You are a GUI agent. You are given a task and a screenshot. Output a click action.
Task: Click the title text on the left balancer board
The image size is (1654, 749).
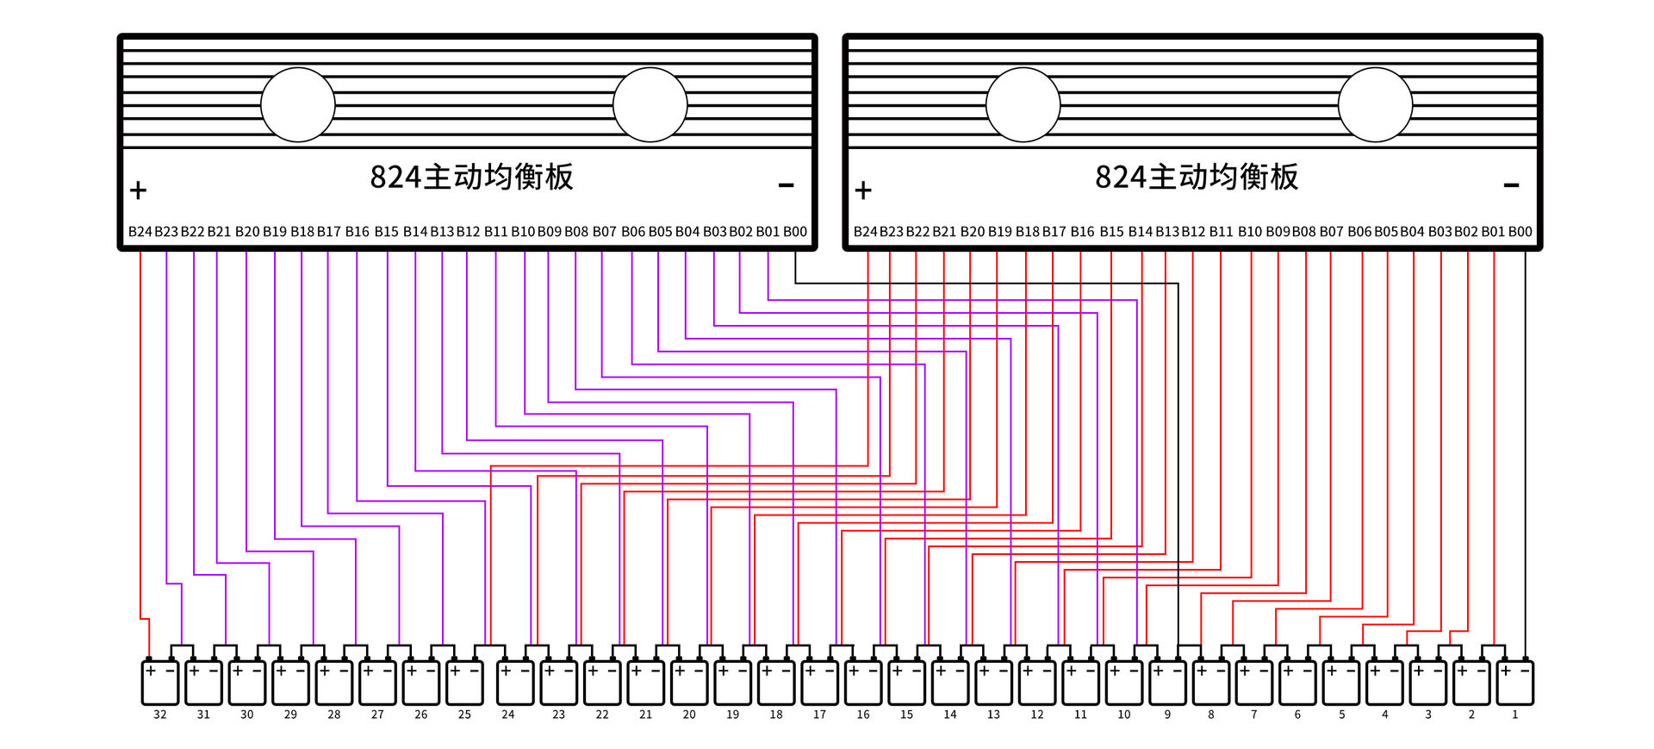(x=471, y=177)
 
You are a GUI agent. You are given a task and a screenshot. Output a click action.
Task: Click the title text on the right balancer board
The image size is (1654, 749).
(x=1197, y=177)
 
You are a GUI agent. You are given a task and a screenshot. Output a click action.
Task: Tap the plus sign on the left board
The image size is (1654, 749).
(x=138, y=190)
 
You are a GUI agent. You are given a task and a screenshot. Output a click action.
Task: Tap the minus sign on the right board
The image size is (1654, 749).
(x=1511, y=185)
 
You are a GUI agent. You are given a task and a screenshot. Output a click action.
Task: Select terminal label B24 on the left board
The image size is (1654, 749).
(x=140, y=232)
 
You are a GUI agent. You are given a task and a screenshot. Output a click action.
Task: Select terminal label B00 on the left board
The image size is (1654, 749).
(x=795, y=232)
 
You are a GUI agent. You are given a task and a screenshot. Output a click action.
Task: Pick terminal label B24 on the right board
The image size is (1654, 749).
(x=865, y=232)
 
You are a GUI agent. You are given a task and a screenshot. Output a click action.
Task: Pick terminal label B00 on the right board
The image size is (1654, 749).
(x=1520, y=232)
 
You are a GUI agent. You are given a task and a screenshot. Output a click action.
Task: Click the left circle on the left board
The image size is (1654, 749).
(x=298, y=105)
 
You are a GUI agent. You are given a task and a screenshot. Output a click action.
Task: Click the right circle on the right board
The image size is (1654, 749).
(x=1376, y=105)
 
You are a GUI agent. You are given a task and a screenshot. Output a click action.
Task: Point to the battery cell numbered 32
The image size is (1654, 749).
(x=160, y=682)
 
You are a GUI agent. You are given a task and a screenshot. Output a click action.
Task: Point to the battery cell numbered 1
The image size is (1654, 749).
(x=1515, y=682)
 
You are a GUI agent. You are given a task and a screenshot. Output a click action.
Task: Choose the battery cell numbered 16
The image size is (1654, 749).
(x=863, y=682)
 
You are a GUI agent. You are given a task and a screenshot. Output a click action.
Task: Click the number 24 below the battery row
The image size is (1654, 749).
(x=508, y=715)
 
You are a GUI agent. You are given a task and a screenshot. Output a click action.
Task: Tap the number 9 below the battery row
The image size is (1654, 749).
(x=1167, y=715)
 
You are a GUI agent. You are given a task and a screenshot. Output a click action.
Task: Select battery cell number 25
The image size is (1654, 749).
(x=464, y=682)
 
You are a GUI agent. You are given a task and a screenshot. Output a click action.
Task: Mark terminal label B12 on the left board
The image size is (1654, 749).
(x=469, y=232)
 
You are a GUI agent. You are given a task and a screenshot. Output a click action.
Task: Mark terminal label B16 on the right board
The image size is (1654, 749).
(x=1083, y=232)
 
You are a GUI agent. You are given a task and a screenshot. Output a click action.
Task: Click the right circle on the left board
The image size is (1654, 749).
(x=650, y=105)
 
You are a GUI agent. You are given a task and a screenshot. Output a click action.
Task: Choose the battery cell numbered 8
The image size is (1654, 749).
(x=1211, y=682)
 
